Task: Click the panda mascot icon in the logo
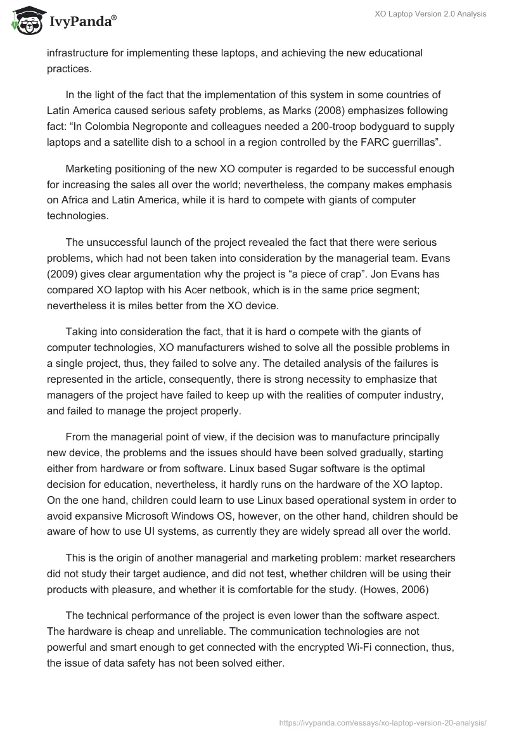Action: (25, 22)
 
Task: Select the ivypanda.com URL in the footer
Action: (383, 722)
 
